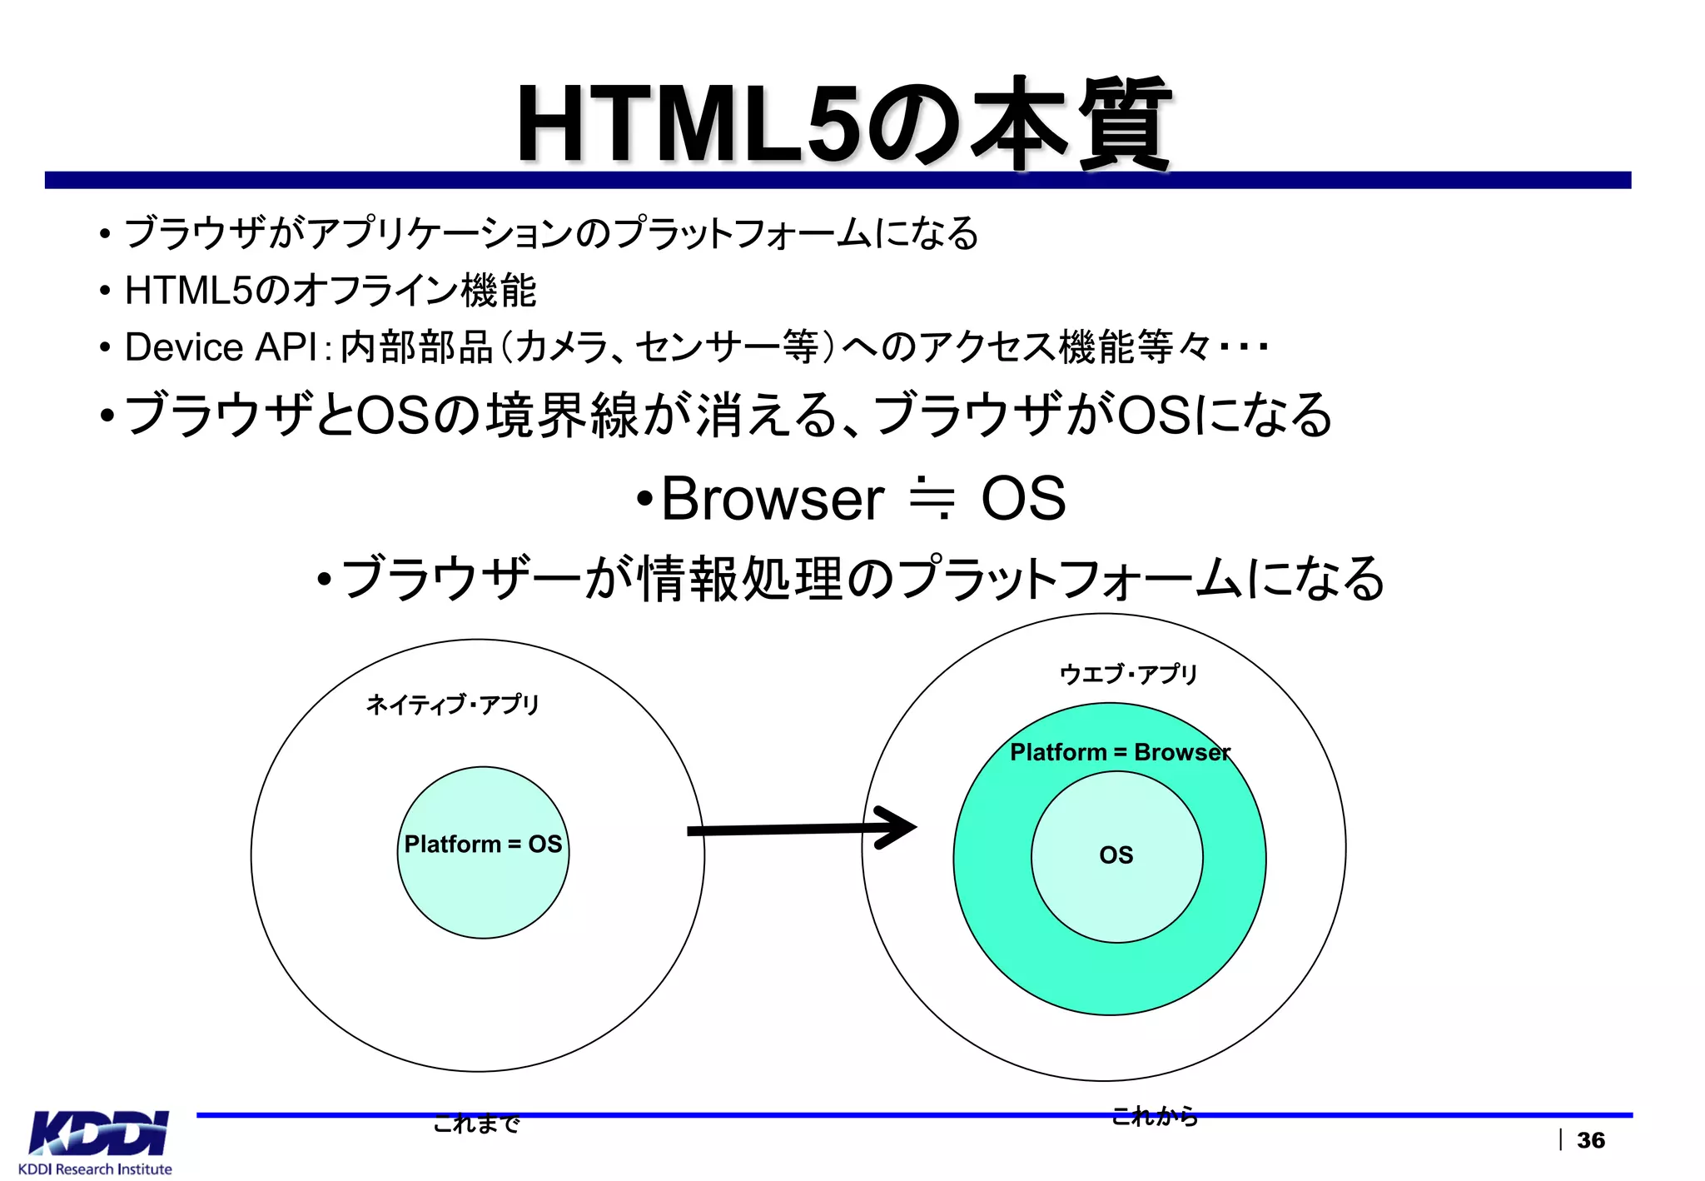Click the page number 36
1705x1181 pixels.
pos(1590,1140)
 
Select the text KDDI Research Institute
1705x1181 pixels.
pos(95,1169)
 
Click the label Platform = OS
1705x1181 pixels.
pos(483,845)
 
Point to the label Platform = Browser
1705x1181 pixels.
pos(1120,752)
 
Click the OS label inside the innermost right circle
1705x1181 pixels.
pos(1116,855)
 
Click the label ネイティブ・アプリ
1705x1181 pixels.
pos(453,705)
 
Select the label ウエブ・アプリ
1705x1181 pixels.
pos(1128,673)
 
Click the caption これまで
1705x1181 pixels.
pos(476,1124)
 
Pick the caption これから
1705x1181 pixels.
pos(1155,1116)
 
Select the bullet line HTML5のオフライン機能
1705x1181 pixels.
pos(330,291)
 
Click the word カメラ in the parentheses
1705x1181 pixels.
pos(562,347)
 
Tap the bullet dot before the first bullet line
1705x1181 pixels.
pos(104,234)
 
